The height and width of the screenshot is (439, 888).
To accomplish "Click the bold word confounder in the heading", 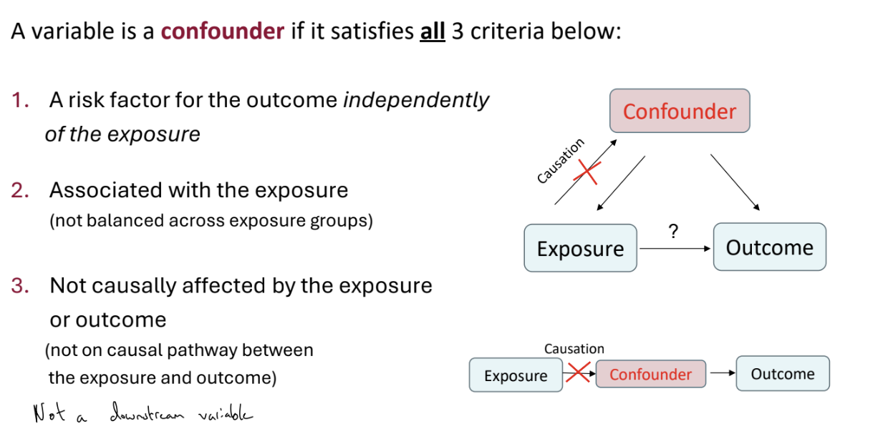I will click(x=223, y=32).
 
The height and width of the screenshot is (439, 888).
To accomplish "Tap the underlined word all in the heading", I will click(x=432, y=32).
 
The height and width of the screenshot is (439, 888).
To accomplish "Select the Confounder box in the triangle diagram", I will click(x=679, y=111).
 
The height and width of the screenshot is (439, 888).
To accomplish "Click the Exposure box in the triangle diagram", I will click(x=580, y=248).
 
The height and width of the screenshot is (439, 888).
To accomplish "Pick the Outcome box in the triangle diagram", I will click(x=769, y=247).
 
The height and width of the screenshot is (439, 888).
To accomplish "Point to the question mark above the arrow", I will click(x=672, y=231).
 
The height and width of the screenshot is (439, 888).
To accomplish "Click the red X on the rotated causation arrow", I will click(x=588, y=171).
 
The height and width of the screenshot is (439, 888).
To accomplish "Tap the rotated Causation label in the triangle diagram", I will click(x=561, y=161).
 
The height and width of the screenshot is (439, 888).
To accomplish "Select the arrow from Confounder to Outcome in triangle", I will click(x=735, y=182).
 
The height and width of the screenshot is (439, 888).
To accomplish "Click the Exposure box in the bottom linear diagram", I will click(x=516, y=375).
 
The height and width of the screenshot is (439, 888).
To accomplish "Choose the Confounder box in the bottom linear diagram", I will click(x=650, y=375).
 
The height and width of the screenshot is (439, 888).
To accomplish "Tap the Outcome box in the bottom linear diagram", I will click(x=782, y=374).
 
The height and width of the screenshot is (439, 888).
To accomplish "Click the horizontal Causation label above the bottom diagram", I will click(x=574, y=349).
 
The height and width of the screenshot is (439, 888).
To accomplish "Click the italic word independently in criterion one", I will click(x=416, y=101).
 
